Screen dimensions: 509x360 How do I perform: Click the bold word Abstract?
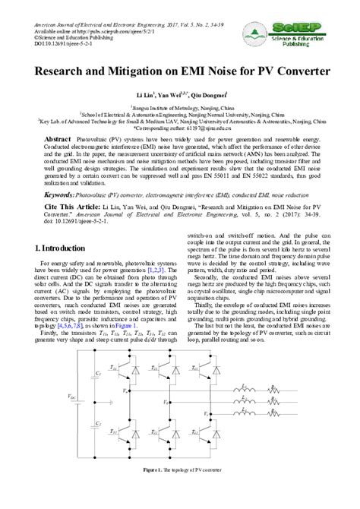[58, 141]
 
